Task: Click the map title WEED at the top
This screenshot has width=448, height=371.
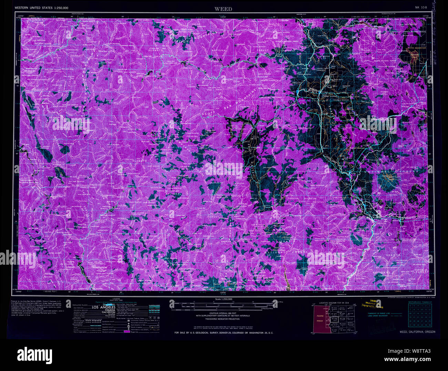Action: click(x=223, y=9)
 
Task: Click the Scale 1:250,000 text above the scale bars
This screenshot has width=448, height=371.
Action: click(x=223, y=299)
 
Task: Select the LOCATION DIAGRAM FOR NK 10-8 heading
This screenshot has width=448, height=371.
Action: click(x=334, y=303)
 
